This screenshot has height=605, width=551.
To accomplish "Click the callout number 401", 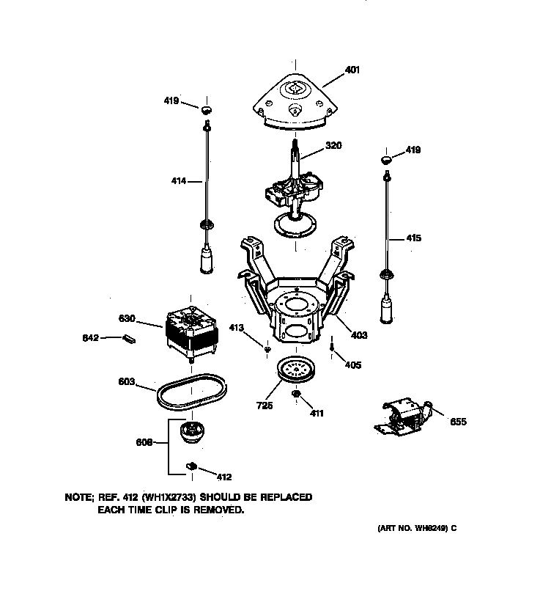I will [352, 71].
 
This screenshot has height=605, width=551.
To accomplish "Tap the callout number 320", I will [333, 146].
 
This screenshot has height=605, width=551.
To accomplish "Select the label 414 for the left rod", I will [178, 180].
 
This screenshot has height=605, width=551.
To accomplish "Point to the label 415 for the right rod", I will [414, 238].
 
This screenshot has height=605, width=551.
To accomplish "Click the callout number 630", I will [127, 319].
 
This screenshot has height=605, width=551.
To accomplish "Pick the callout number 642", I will [89, 338].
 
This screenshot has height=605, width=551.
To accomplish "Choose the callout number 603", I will [126, 382].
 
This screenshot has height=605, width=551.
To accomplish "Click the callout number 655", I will [457, 422].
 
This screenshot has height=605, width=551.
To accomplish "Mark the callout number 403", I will [358, 335].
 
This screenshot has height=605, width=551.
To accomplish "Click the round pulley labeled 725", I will [299, 370].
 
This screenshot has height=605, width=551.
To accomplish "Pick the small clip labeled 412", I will [192, 466].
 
